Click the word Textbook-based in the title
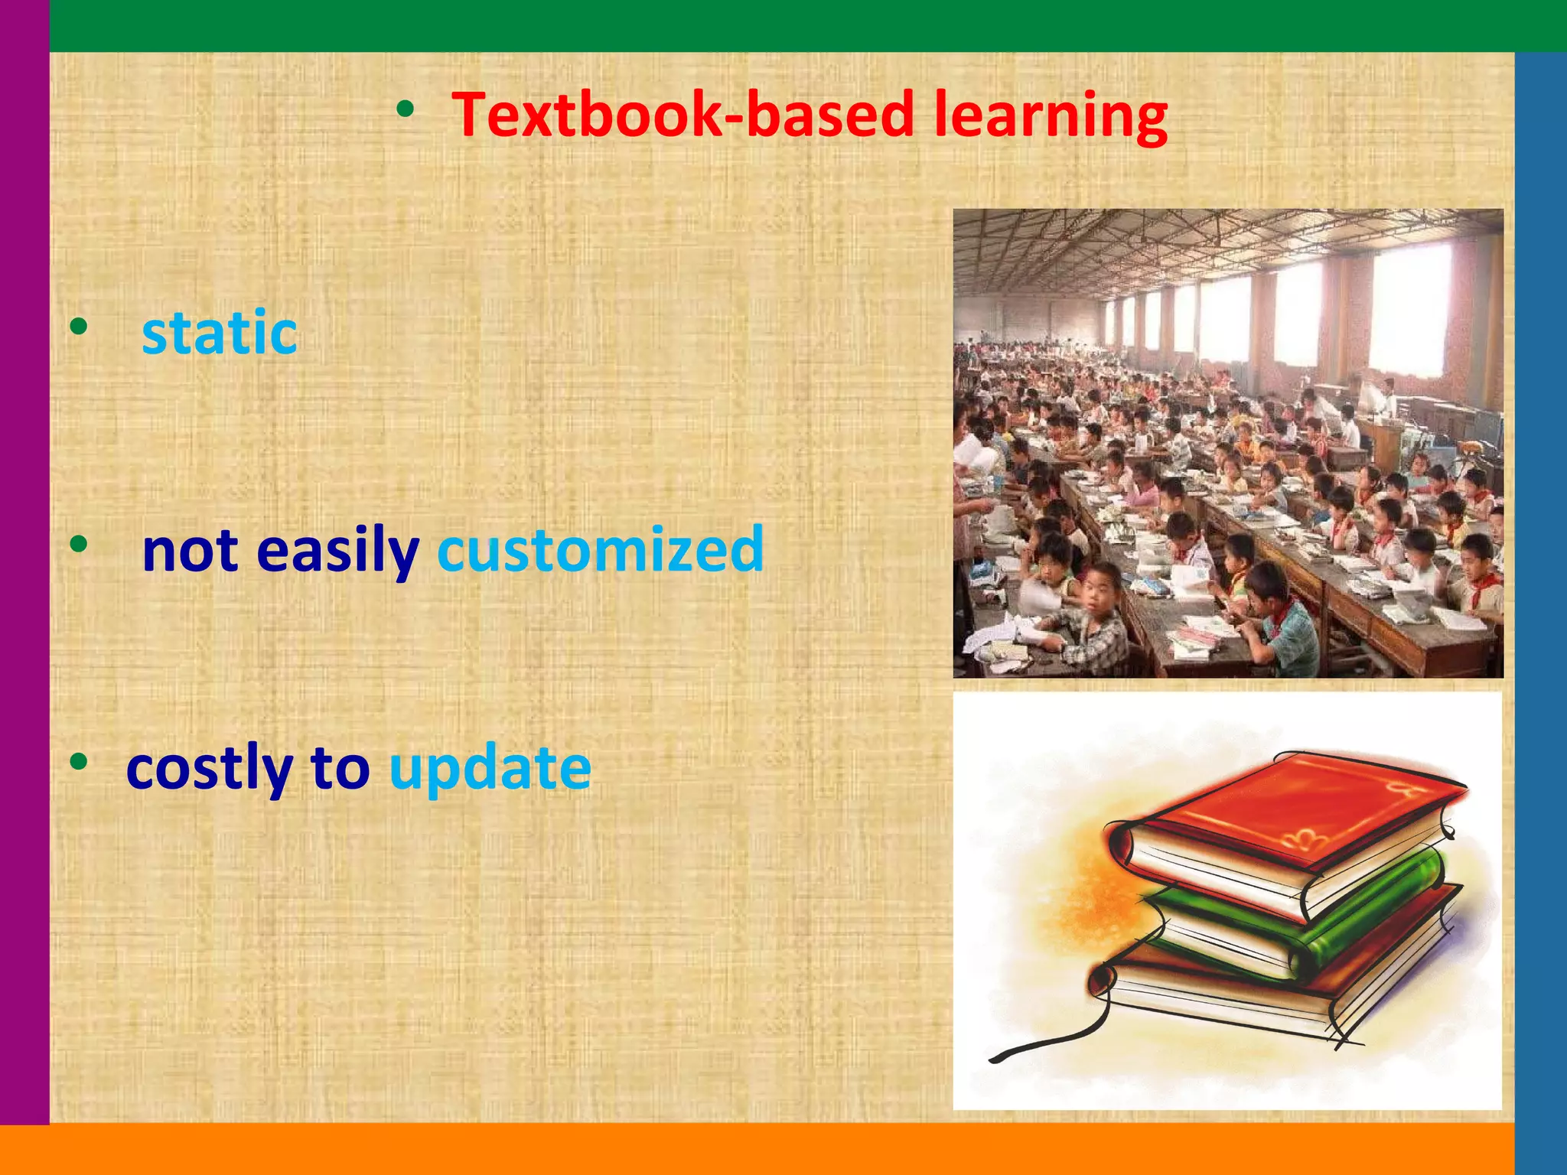click(x=683, y=115)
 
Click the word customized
click(x=601, y=549)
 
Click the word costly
click(x=210, y=768)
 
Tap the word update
click(x=490, y=768)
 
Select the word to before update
click(x=340, y=768)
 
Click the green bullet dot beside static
click(x=78, y=327)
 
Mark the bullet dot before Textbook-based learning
click(x=406, y=111)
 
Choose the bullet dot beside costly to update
click(x=78, y=762)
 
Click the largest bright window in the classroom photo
click(x=1409, y=310)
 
